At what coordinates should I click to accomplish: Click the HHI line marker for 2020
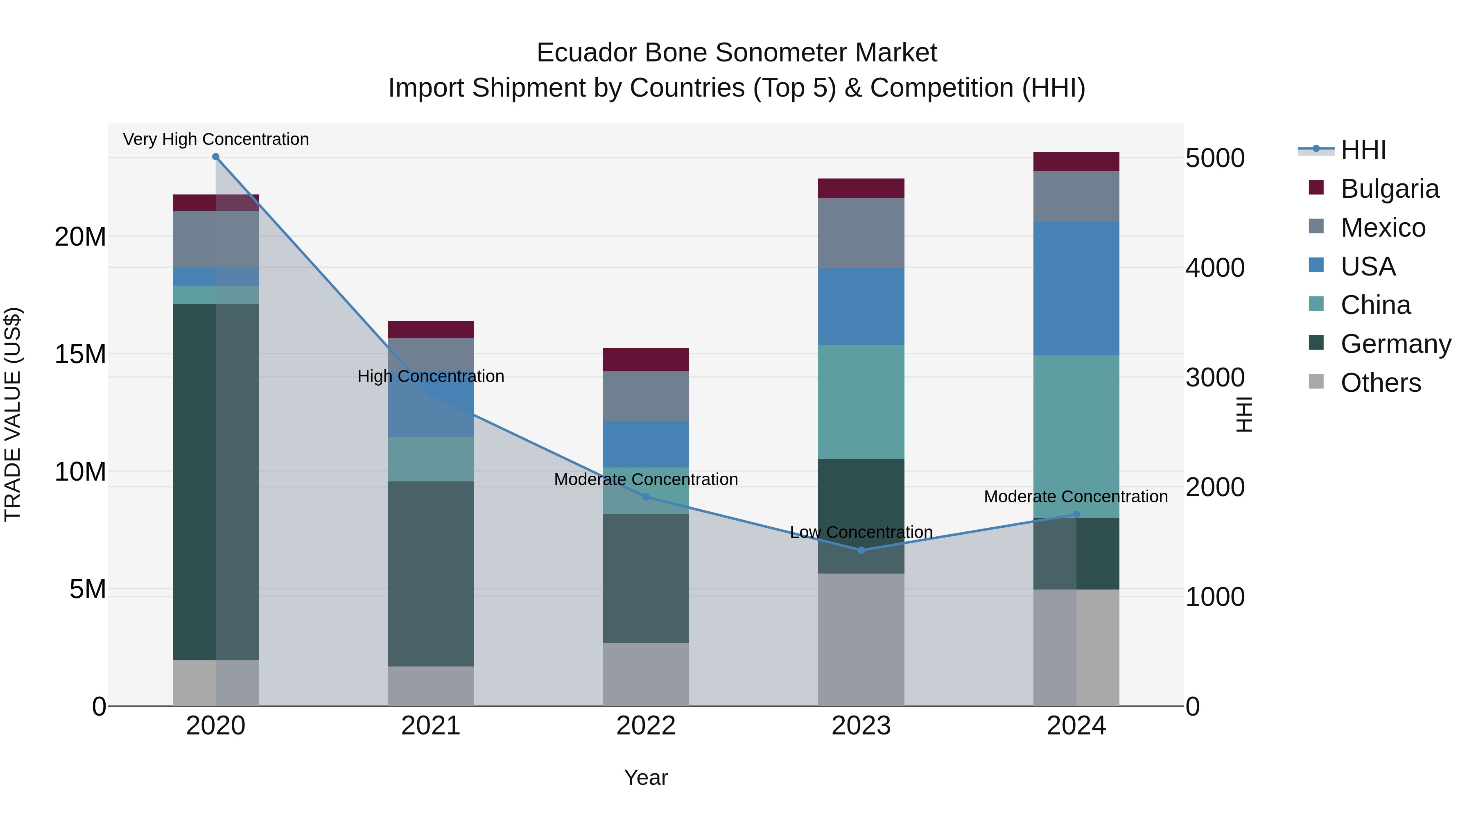click(x=216, y=157)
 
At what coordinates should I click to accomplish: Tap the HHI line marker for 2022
click(x=646, y=497)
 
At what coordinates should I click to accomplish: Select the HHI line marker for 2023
click(x=861, y=550)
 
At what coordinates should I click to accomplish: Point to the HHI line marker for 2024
click(x=1076, y=514)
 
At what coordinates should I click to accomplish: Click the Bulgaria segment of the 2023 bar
click(x=861, y=188)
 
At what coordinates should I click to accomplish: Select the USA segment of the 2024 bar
click(x=1076, y=288)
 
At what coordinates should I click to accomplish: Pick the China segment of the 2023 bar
click(x=861, y=402)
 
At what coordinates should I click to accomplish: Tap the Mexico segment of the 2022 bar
click(x=646, y=396)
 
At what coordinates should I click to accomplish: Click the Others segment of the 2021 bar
click(x=431, y=686)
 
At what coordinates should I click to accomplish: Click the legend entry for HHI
click(x=1363, y=150)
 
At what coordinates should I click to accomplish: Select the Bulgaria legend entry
click(x=1389, y=189)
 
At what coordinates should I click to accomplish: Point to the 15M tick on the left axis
click(x=80, y=354)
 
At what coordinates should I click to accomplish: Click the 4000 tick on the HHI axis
click(x=1215, y=268)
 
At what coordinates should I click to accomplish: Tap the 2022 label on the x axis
click(x=646, y=726)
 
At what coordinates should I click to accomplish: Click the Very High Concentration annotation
click(x=216, y=139)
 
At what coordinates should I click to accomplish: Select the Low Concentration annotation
click(x=861, y=532)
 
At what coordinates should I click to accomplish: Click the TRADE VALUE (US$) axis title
click(x=13, y=414)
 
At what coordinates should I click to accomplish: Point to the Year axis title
click(x=646, y=777)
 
